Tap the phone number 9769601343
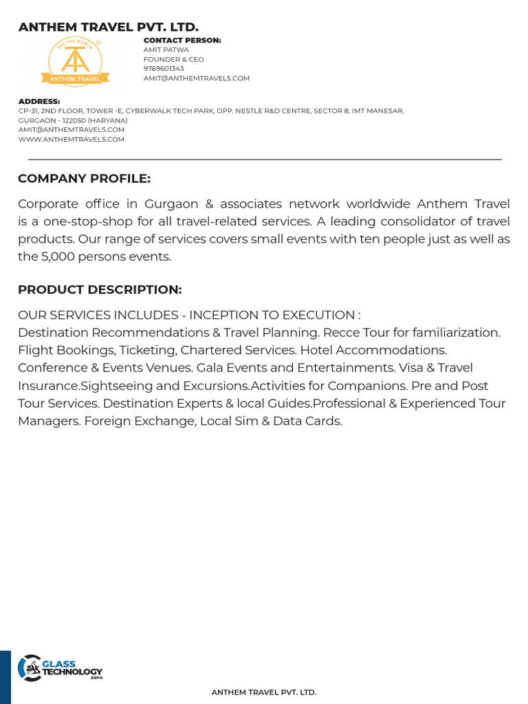[x=164, y=69]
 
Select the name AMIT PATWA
[x=166, y=50]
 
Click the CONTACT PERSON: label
[x=182, y=41]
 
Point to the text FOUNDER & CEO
[x=173, y=60]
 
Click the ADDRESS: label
[x=39, y=102]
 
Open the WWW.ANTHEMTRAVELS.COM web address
[x=71, y=139]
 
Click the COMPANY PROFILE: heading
[x=84, y=179]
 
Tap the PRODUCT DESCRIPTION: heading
[x=100, y=289]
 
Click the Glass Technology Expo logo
[x=60, y=668]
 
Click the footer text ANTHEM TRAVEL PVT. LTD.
[x=264, y=692]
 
